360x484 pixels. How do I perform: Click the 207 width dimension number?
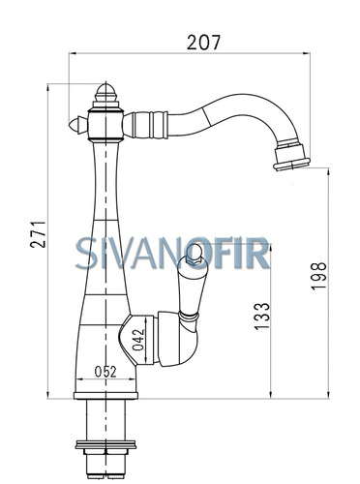[203, 43]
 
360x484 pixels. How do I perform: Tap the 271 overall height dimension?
[38, 234]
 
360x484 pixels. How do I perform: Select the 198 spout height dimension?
[318, 276]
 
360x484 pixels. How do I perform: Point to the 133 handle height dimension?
[261, 317]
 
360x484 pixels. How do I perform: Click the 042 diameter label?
[138, 340]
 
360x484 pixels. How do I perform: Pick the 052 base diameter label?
[105, 372]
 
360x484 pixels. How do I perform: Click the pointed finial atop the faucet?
[105, 92]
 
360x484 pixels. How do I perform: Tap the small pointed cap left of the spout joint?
[77, 124]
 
